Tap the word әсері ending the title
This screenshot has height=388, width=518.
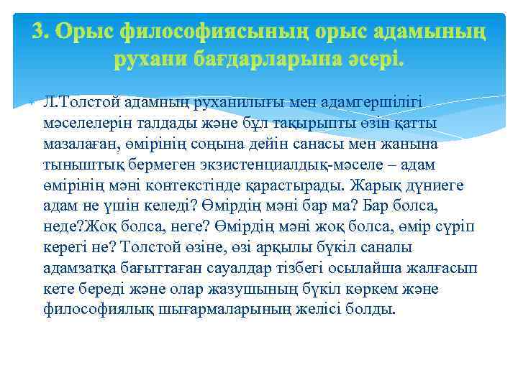pos(370,60)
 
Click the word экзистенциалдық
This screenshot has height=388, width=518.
pos(281,165)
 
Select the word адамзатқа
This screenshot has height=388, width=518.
pos(81,269)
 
